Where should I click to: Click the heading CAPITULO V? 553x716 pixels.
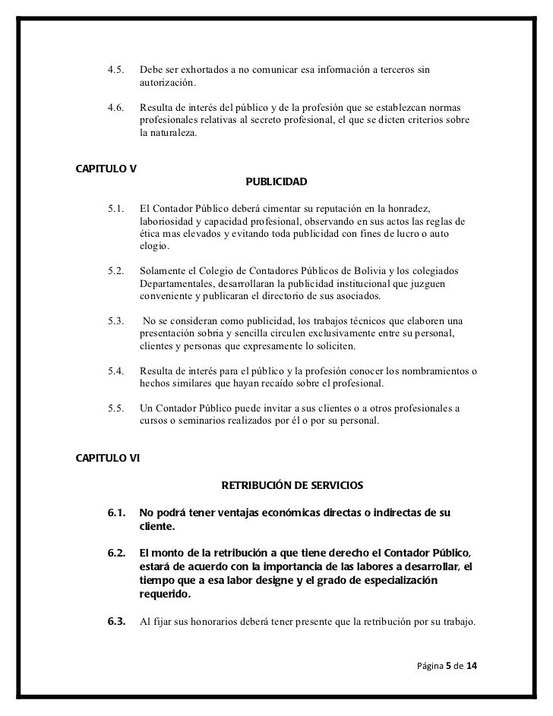click(x=106, y=169)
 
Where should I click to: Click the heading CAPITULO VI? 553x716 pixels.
click(x=108, y=458)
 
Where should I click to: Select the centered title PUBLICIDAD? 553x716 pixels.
click(x=276, y=183)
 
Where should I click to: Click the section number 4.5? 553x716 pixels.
click(x=116, y=70)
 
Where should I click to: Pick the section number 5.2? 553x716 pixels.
click(x=116, y=271)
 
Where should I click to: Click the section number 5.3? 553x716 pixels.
click(x=116, y=321)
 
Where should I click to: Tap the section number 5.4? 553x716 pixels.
click(x=116, y=371)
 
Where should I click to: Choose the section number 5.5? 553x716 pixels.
click(x=116, y=408)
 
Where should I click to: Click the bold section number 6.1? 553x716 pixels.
click(x=116, y=513)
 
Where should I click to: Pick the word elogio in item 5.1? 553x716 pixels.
click(x=155, y=247)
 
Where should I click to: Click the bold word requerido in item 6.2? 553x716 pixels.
click(x=166, y=595)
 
